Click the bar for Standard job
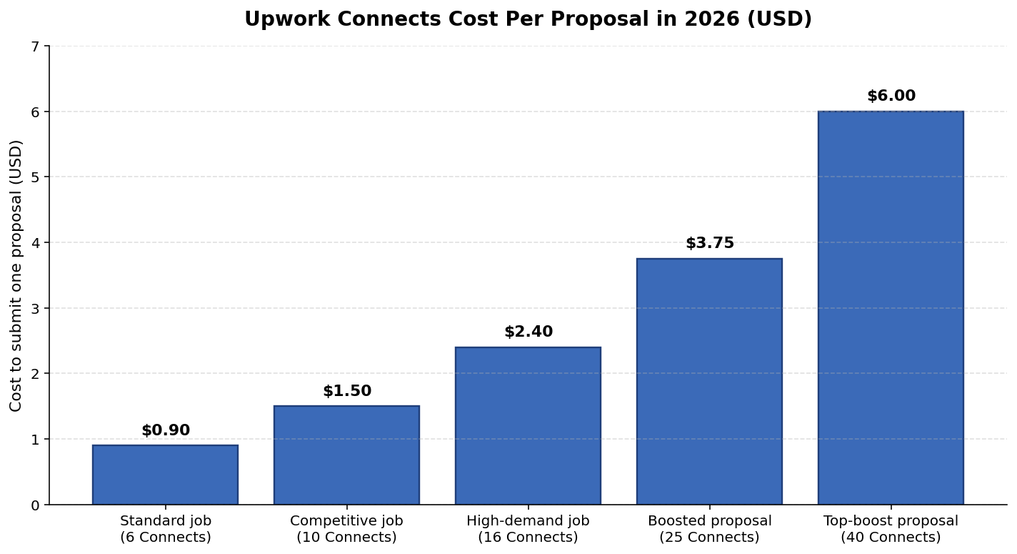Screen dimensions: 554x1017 click(165, 475)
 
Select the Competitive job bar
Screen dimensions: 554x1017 click(346, 455)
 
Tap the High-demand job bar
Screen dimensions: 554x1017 click(528, 426)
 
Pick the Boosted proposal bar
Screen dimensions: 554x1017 click(709, 382)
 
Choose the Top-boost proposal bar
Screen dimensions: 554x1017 click(891, 308)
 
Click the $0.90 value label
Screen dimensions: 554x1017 click(166, 430)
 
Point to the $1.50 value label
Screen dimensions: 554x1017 click(347, 391)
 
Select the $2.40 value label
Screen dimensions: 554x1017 click(528, 332)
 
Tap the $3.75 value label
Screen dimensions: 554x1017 click(710, 243)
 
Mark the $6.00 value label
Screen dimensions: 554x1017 click(891, 96)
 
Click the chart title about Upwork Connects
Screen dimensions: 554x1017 click(528, 19)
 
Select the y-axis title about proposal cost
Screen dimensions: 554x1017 click(16, 275)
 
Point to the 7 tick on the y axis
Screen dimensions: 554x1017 click(35, 46)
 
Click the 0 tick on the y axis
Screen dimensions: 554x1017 click(35, 505)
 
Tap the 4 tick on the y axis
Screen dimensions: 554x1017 click(35, 243)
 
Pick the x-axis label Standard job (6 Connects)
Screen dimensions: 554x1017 click(165, 529)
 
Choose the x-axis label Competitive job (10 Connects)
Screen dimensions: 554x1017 click(346, 529)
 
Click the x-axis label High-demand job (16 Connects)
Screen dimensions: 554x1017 click(528, 529)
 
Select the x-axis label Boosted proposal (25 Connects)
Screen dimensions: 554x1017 click(709, 529)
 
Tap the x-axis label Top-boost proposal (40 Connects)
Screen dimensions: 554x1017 click(891, 529)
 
